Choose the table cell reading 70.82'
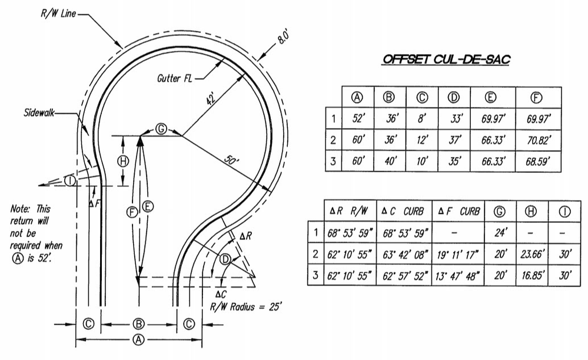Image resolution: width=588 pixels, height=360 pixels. coord(538,140)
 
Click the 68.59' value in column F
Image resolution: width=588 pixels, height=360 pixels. coord(538,161)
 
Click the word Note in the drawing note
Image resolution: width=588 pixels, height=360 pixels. coord(21,208)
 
